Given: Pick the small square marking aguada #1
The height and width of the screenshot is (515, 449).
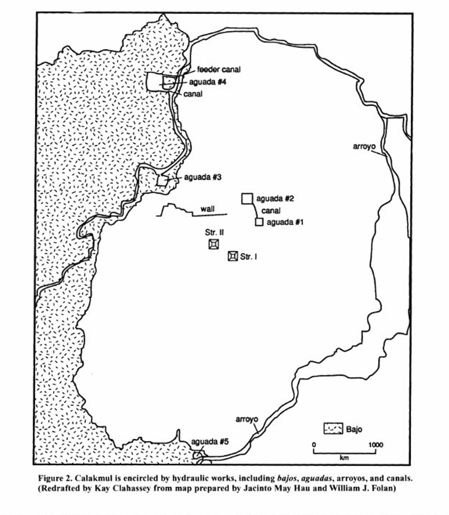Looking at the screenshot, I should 258,222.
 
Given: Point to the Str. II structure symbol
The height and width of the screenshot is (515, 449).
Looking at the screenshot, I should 214,244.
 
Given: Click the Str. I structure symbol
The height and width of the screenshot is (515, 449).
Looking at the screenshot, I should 232,257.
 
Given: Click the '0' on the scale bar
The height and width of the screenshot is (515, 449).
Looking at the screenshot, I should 314,444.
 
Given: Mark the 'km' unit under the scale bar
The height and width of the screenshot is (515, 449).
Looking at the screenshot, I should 344,458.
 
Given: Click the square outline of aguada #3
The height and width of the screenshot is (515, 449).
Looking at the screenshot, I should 162,180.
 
